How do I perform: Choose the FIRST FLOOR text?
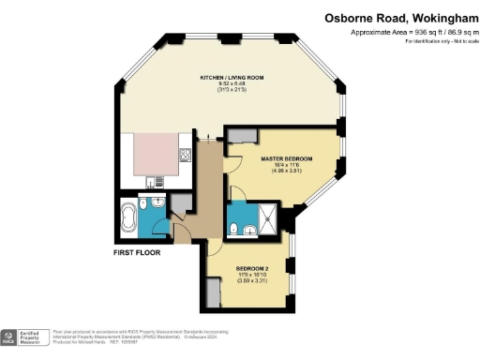pyautogui.click(x=137, y=252)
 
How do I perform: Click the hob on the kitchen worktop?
pyautogui.click(x=186, y=156)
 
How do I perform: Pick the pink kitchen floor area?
pyautogui.click(x=152, y=152)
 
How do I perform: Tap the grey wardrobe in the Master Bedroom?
pyautogui.click(x=241, y=135)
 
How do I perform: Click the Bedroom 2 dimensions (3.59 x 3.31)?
pyautogui.click(x=251, y=280)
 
